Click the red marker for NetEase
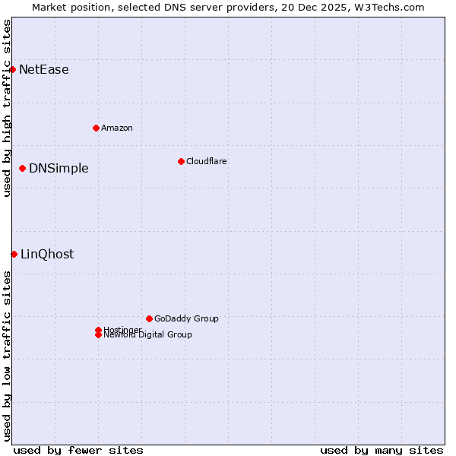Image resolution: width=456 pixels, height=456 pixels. [x=12, y=69]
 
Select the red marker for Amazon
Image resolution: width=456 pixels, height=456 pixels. [x=96, y=128]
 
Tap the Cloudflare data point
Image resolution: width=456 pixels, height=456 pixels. [x=181, y=161]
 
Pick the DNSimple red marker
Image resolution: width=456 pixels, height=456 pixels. [x=22, y=168]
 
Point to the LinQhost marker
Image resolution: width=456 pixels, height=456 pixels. [x=14, y=254]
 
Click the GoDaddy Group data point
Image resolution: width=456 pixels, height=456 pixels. [x=149, y=318]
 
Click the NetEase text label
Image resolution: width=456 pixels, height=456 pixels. [x=44, y=70]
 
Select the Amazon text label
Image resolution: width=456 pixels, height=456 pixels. [x=117, y=128]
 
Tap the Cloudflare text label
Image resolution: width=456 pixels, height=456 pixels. [x=207, y=161]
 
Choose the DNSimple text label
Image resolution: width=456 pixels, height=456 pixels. [x=59, y=169]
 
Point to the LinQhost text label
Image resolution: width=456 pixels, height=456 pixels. [x=47, y=255]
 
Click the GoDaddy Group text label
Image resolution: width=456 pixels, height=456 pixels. [x=186, y=319]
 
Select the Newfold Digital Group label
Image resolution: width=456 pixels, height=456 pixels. [x=148, y=335]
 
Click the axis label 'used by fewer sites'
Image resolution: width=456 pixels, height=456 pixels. [x=78, y=450]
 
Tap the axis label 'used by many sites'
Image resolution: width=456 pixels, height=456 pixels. [x=382, y=450]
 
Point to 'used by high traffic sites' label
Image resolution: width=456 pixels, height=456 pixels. [x=7, y=108]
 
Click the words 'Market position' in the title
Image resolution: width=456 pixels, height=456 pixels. [x=67, y=8]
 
